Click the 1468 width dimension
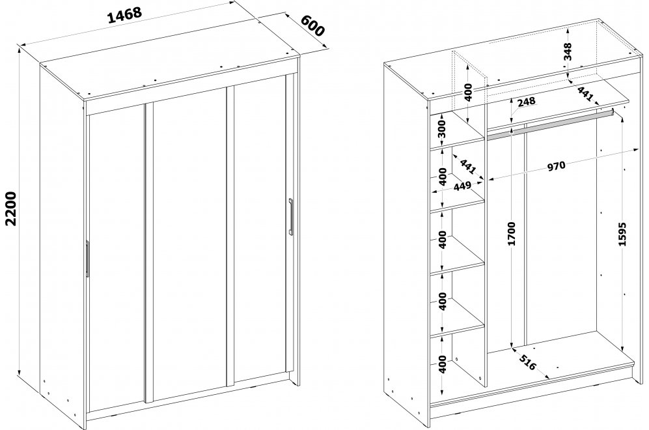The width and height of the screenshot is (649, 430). click(x=124, y=16)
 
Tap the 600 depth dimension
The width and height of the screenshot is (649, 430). click(x=312, y=25)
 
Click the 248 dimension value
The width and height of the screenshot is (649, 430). click(x=526, y=101)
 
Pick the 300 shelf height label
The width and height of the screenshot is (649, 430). click(x=443, y=129)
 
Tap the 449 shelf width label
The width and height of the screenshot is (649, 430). click(x=462, y=186)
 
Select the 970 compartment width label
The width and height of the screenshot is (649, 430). click(x=557, y=166)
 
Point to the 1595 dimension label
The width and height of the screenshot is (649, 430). click(x=622, y=234)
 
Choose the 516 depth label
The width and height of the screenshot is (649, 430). click(x=527, y=362)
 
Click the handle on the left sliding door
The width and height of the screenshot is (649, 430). click(x=87, y=258)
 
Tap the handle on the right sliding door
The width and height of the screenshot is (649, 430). click(x=291, y=217)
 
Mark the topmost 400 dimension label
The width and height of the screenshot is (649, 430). click(x=468, y=93)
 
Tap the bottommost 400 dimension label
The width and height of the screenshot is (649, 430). click(x=443, y=364)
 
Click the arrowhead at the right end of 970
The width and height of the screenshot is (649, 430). click(x=635, y=150)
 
